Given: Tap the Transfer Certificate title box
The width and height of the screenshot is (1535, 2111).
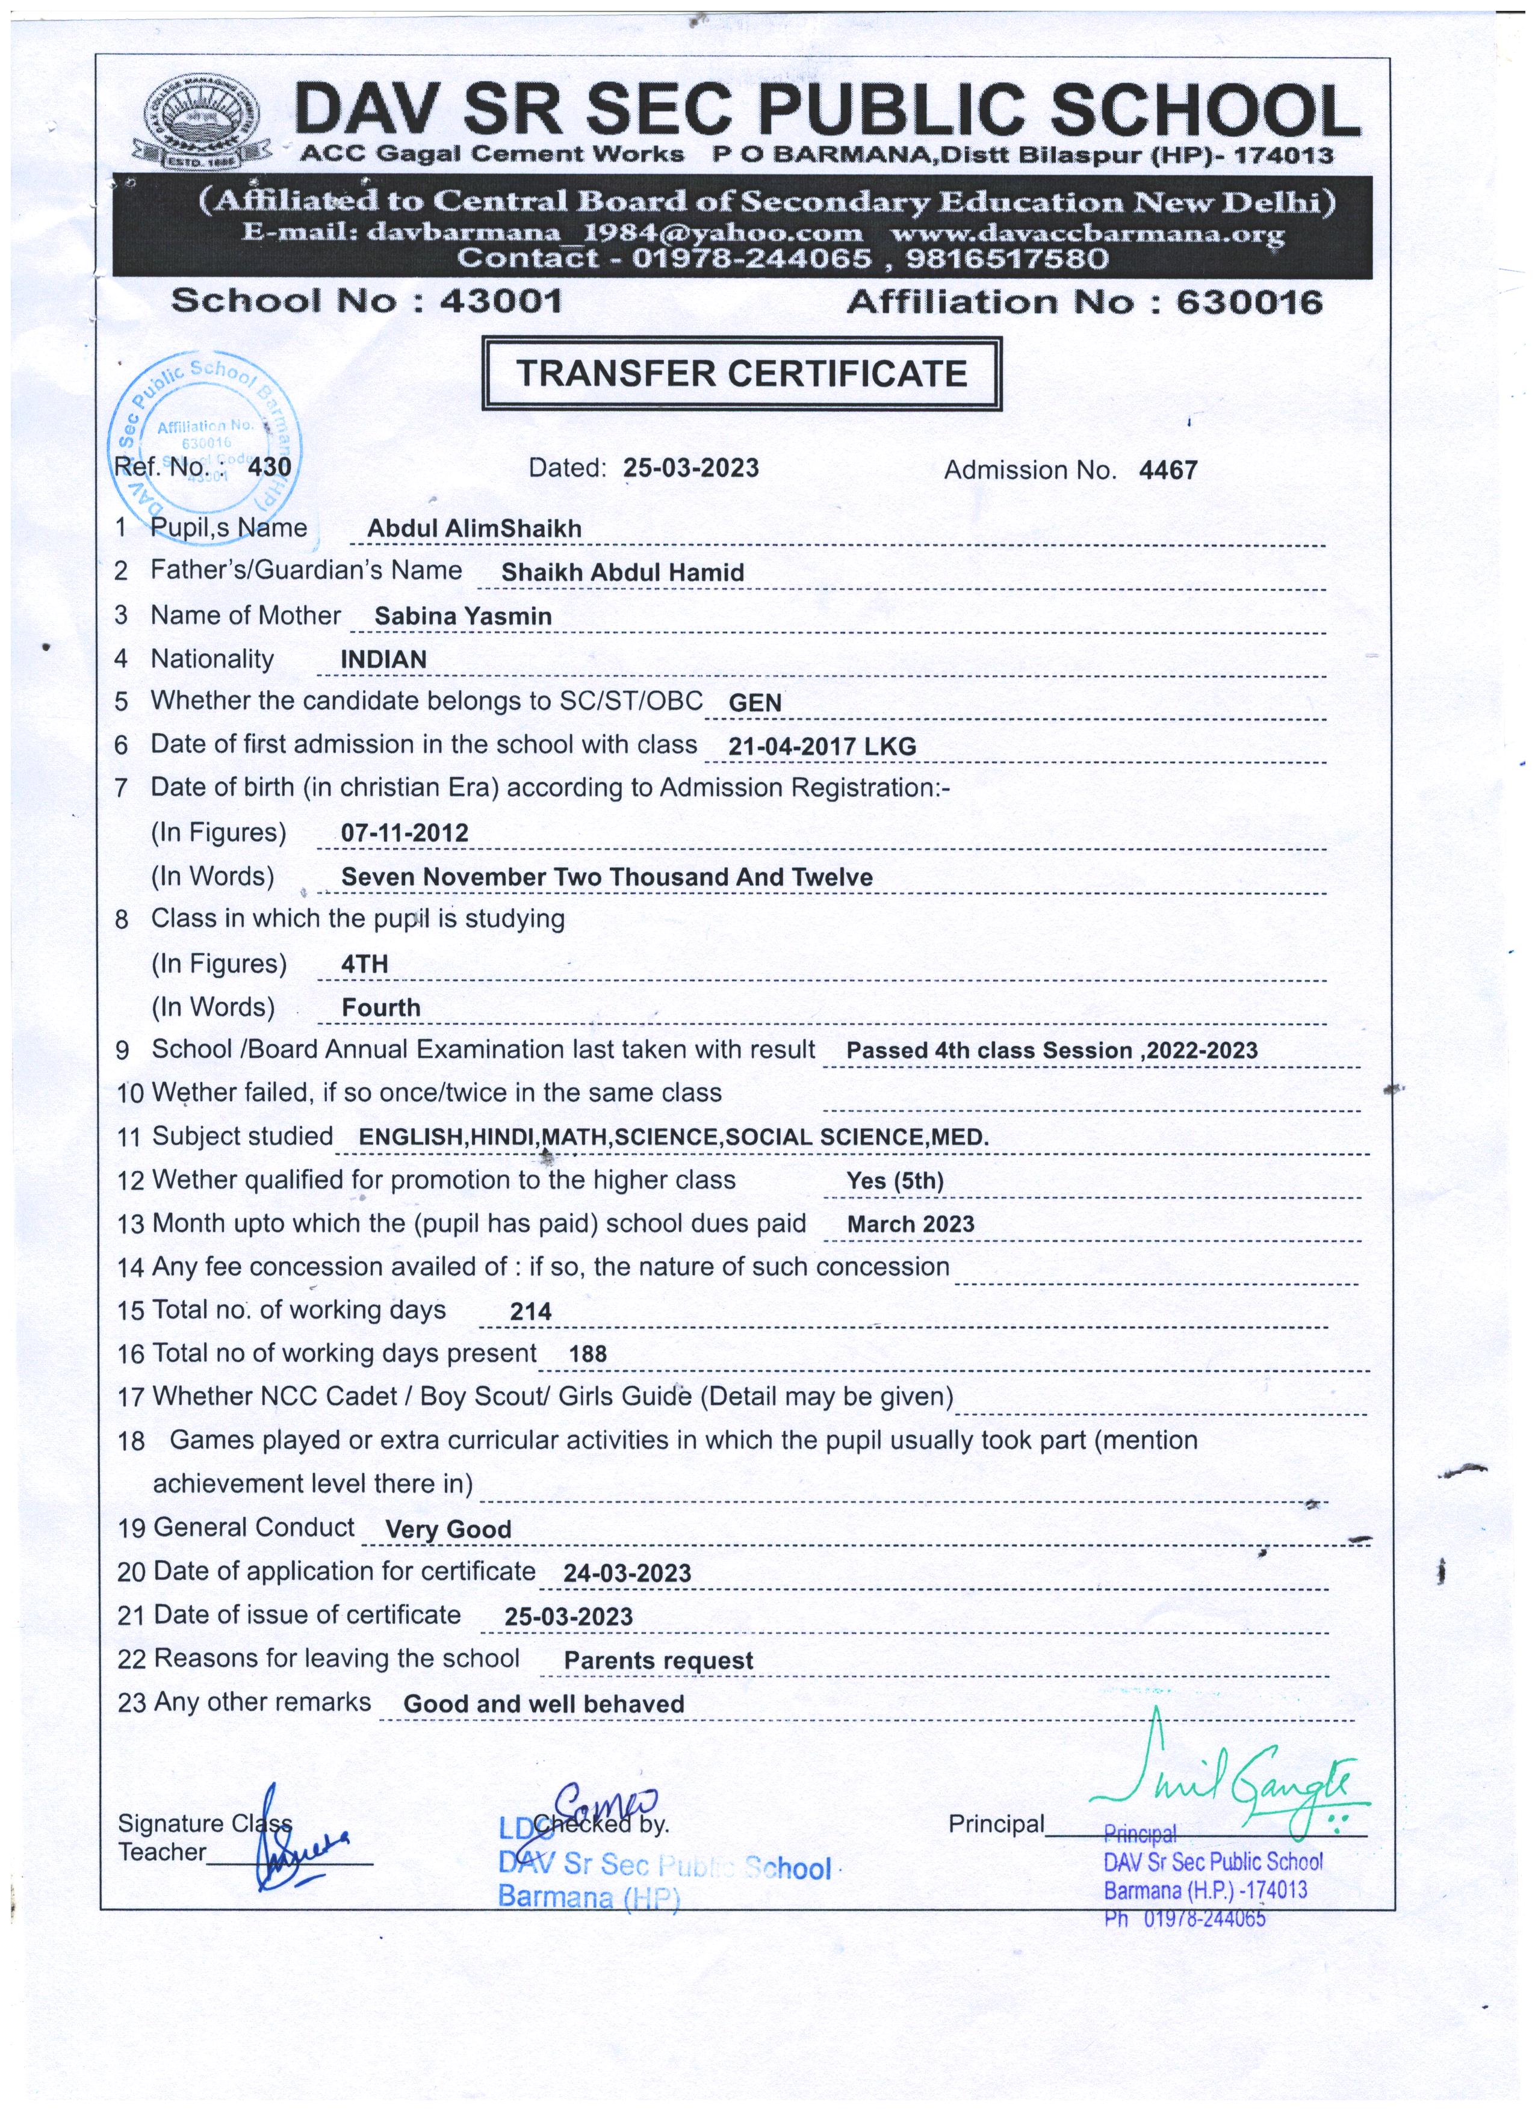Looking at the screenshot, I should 742,373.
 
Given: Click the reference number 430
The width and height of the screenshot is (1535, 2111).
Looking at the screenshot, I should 270,466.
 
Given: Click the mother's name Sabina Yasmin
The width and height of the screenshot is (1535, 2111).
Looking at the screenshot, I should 463,616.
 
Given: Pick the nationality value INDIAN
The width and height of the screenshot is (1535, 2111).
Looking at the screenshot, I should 383,659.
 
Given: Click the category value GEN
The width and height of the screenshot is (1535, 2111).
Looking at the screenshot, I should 755,703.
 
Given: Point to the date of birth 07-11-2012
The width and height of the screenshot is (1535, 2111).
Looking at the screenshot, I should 405,832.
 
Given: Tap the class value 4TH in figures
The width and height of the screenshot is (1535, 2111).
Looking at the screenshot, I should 365,963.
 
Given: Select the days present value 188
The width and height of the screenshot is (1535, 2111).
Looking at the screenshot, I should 588,1355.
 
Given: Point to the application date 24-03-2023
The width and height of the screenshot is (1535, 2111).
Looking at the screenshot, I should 627,1573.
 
